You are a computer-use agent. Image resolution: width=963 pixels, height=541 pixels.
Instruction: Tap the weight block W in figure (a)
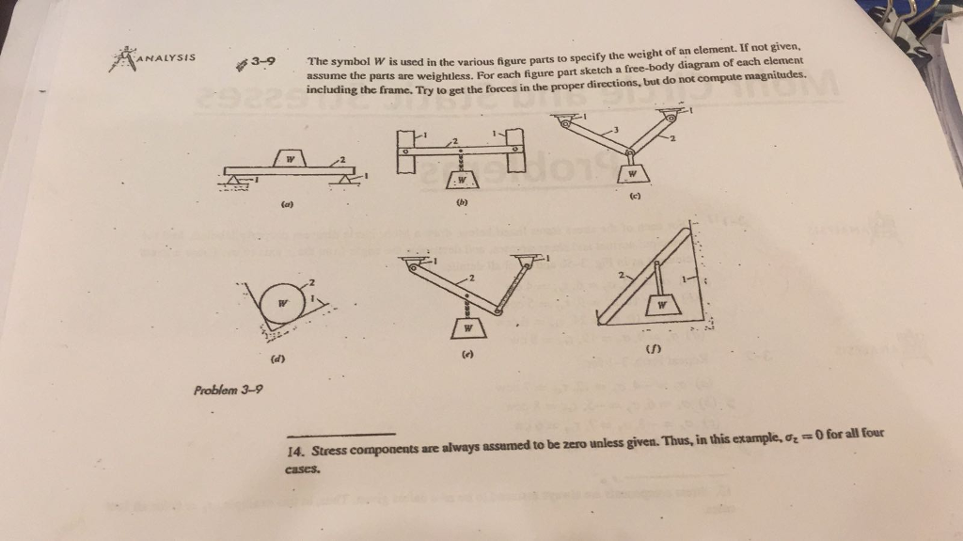click(292, 159)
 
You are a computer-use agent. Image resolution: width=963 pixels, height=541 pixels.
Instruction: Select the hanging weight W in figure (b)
click(461, 181)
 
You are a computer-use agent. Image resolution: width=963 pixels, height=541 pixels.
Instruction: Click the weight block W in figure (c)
click(632, 173)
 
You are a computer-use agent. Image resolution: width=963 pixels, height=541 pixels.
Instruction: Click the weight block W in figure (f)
click(663, 304)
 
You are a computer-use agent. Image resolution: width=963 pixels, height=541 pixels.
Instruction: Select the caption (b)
click(461, 201)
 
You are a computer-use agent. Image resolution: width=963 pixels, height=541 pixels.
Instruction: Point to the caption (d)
click(277, 359)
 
